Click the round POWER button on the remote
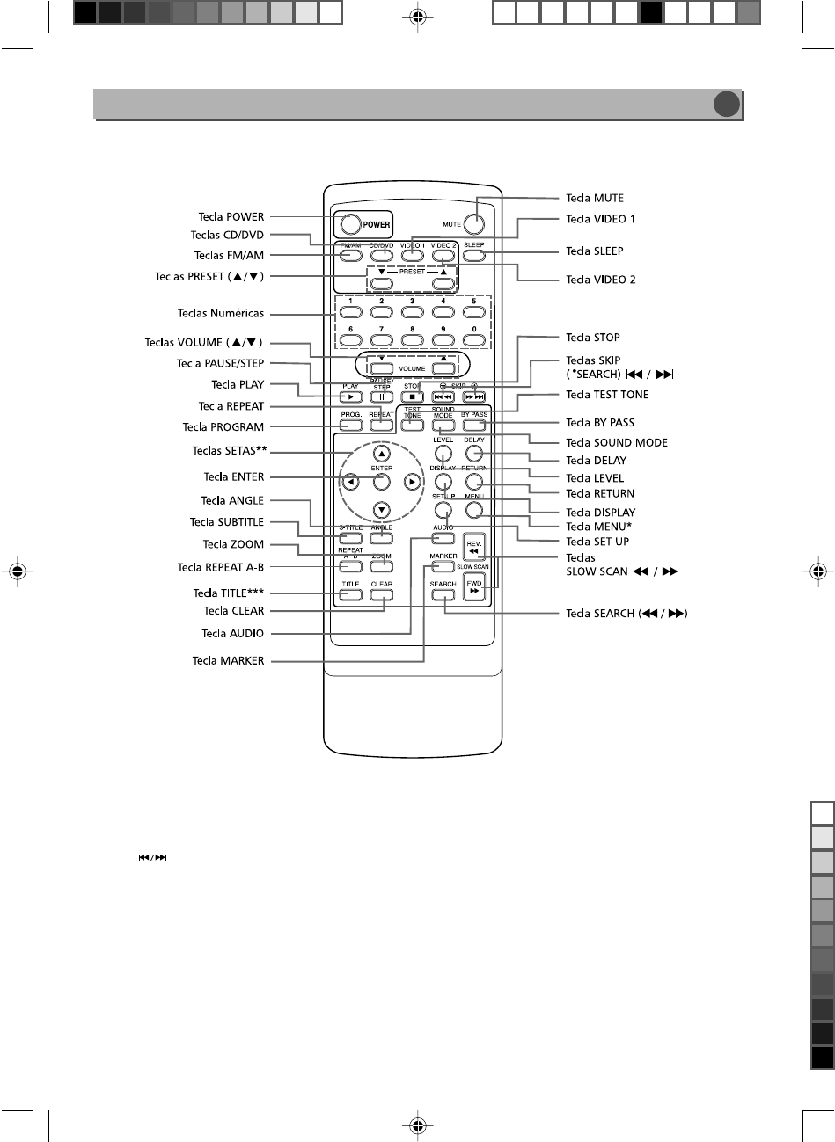coord(348,223)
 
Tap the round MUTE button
coord(475,223)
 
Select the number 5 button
coord(473,312)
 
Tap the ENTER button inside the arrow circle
coord(381,482)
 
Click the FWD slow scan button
coord(474,586)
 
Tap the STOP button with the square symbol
coord(412,397)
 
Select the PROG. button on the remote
coord(350,426)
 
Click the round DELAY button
coord(474,454)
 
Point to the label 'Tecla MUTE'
coord(595,198)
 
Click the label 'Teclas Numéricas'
coord(221,313)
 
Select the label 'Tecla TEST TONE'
coord(607,395)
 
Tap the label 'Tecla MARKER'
coord(228,661)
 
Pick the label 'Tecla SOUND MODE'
coord(617,443)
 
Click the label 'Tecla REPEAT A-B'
coord(221,568)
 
